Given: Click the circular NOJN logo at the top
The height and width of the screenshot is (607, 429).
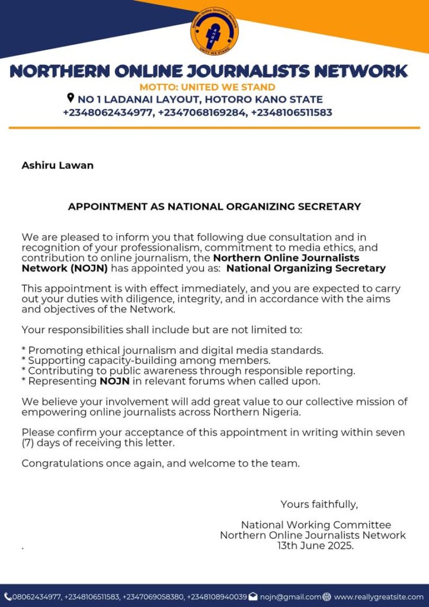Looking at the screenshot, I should (214, 31).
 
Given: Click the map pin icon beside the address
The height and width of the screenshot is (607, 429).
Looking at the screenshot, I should (71, 98).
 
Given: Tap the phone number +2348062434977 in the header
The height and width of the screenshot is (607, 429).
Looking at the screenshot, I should (108, 112).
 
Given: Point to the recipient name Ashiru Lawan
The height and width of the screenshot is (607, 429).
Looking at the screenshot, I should (57, 165).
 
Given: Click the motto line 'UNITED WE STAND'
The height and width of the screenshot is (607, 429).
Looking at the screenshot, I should (207, 88).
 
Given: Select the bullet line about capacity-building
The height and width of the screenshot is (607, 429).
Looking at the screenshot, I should (146, 360).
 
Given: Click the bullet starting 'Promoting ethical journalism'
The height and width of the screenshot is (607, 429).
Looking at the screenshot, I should (172, 350).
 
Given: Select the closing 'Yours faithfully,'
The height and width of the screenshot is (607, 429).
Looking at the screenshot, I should (319, 504).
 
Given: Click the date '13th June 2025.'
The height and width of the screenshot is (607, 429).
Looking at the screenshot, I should (315, 545).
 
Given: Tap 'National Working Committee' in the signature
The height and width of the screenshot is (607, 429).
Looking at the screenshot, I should (316, 525).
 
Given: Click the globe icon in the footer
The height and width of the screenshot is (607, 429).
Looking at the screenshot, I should (327, 597).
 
